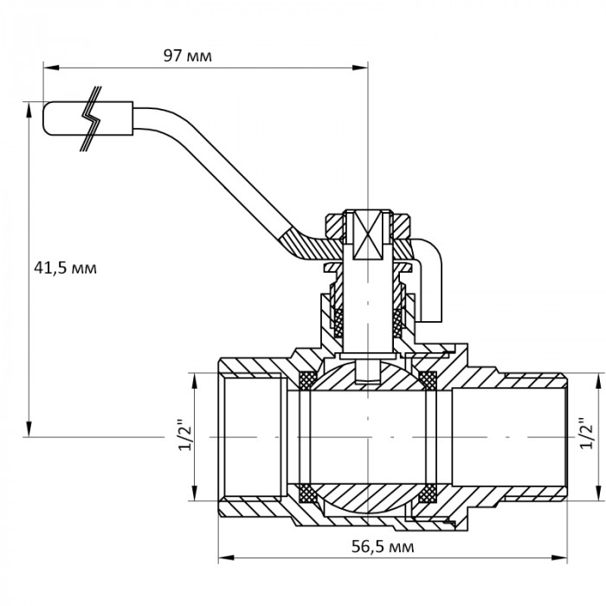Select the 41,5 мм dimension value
click(65, 268)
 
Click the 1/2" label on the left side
click(180, 436)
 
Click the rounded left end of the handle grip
click(45, 119)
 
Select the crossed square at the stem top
click(369, 235)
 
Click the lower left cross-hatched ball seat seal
click(306, 494)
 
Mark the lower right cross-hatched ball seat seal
click(428, 494)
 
